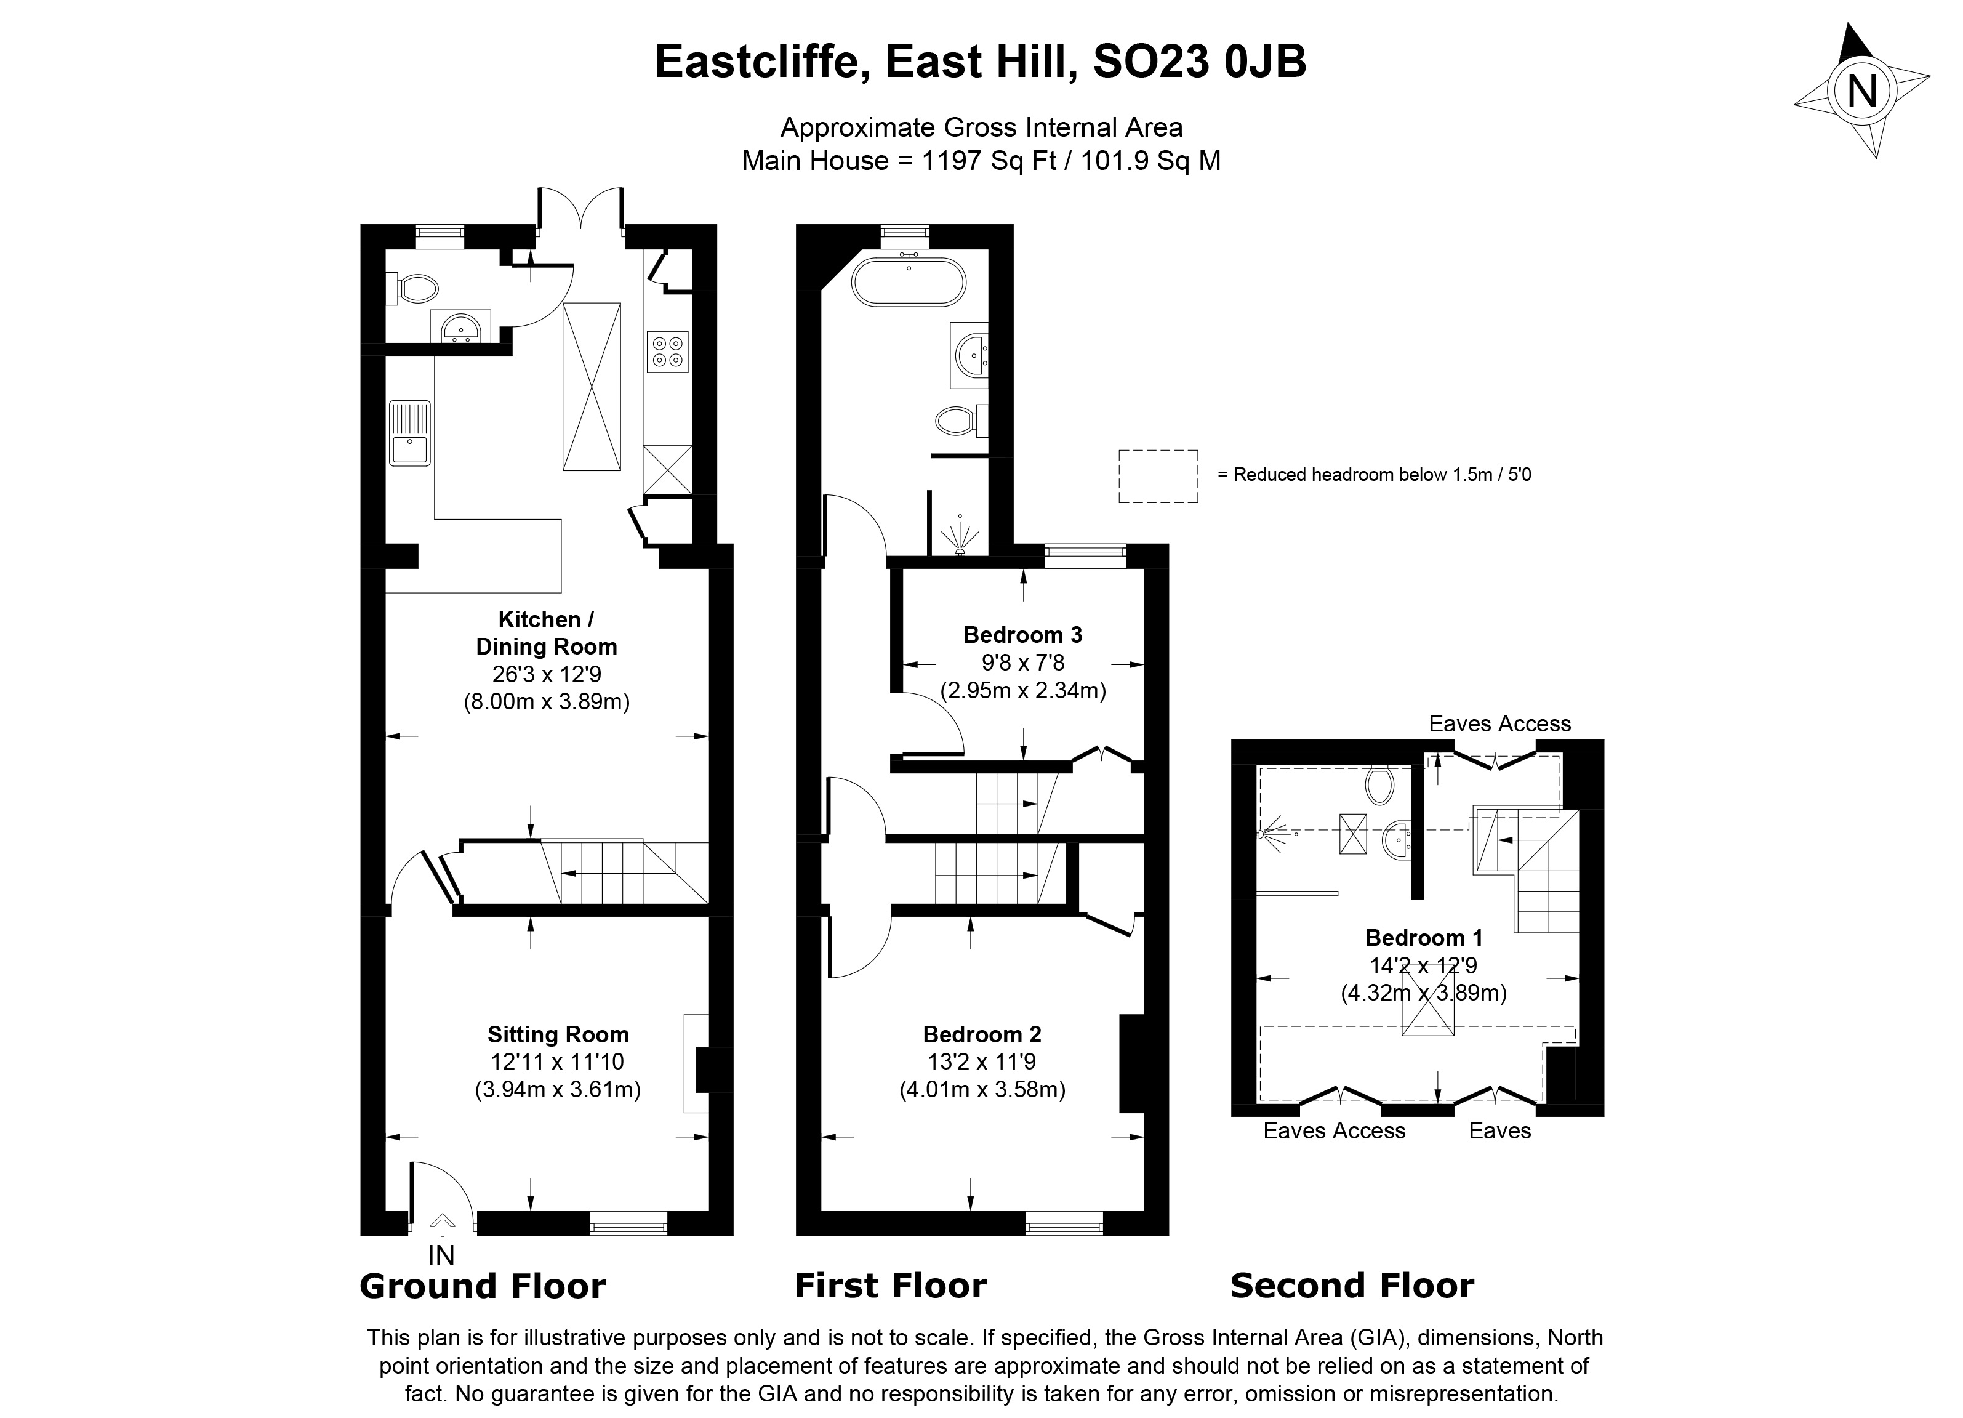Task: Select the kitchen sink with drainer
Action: (x=409, y=433)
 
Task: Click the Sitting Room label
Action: (x=558, y=1034)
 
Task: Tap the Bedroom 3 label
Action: (x=1022, y=635)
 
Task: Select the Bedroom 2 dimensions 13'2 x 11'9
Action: (x=981, y=1061)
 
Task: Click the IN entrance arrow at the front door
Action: (x=443, y=1225)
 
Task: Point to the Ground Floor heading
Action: (x=482, y=1286)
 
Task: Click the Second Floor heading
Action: (x=1352, y=1286)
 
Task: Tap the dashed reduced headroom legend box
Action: (x=1158, y=476)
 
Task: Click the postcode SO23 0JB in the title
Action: (x=1200, y=62)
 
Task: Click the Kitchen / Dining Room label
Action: (x=546, y=633)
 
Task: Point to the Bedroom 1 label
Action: (x=1424, y=938)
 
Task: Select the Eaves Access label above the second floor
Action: (x=1499, y=723)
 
